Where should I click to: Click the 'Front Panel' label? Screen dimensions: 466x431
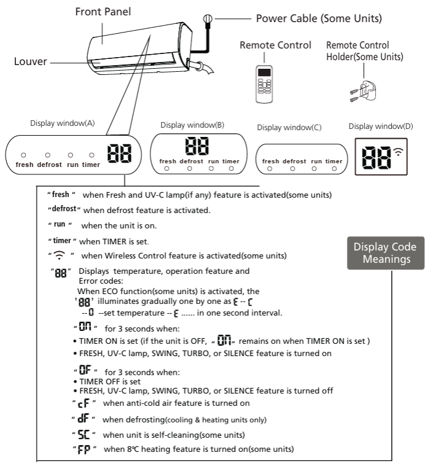103,11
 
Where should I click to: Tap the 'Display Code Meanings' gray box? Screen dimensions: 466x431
384,252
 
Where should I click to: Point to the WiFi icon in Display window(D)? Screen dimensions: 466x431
399,151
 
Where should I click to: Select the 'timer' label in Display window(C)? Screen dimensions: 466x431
333,161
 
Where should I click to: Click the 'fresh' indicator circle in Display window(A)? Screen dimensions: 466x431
23,155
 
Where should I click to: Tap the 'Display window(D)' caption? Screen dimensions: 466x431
381,126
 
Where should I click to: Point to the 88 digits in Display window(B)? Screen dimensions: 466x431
197,146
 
